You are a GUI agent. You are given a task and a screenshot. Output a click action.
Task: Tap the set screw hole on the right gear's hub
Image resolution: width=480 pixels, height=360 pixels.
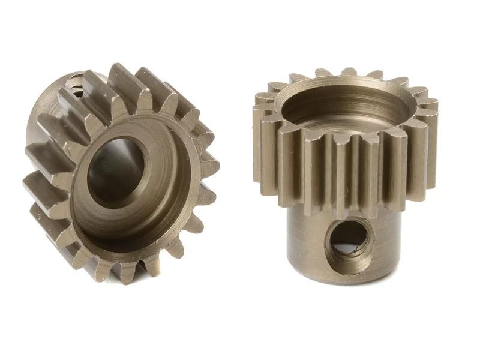tap(350, 241)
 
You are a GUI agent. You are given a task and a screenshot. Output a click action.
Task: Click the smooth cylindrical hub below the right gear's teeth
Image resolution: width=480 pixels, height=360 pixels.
tap(312, 240)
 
